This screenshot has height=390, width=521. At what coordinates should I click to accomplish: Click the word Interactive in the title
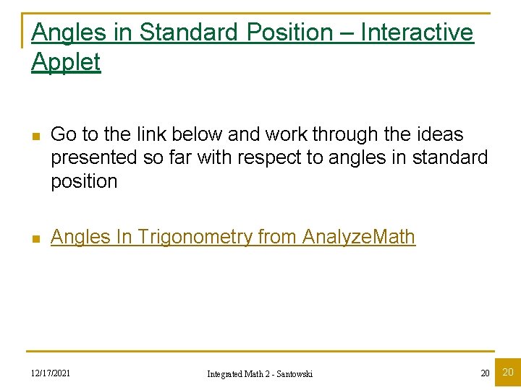coord(417,32)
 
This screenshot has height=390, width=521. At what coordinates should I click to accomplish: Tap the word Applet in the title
coord(66,62)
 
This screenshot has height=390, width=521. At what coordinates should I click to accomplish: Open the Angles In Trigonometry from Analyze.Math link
coord(233,237)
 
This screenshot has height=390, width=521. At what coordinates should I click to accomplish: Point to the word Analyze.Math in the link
coord(359,237)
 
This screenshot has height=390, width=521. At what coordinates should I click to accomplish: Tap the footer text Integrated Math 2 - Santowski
coord(260,373)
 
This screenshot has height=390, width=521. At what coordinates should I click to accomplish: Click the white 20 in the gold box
coord(508,373)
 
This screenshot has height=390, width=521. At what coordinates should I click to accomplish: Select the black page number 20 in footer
coord(485,373)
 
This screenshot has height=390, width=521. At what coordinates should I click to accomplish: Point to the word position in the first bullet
coord(84,181)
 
